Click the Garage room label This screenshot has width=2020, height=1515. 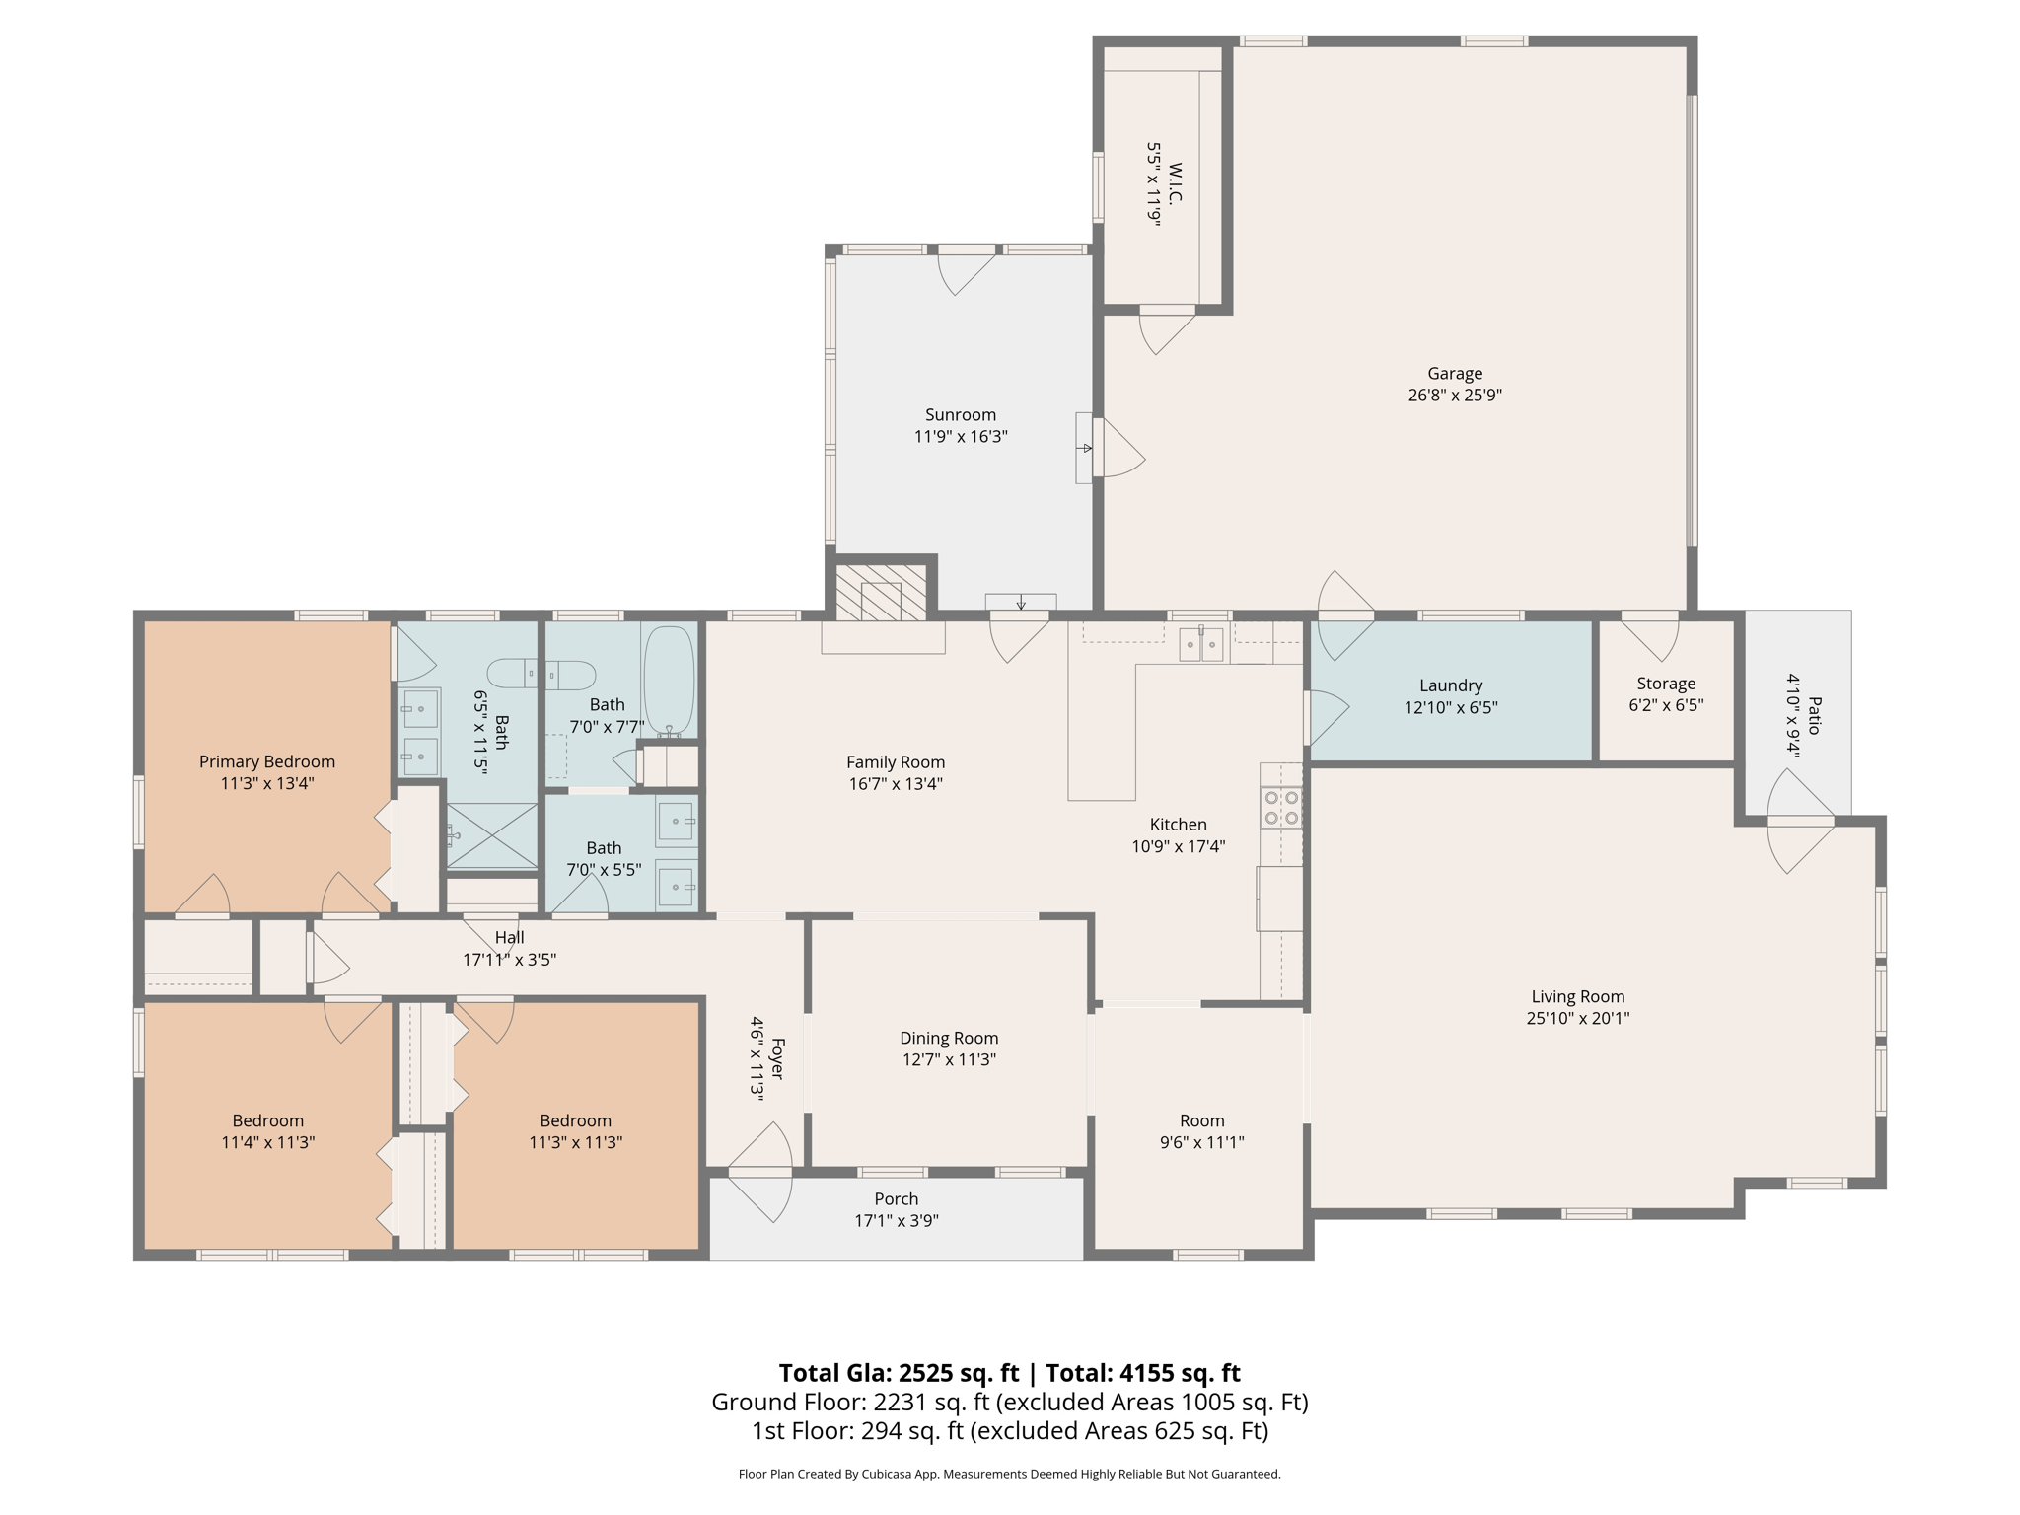pyautogui.click(x=1454, y=373)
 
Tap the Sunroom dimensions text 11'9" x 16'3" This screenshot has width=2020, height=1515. pyautogui.click(x=960, y=436)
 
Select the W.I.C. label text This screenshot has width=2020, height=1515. pyautogui.click(x=1174, y=183)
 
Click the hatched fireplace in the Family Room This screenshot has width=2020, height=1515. pyautogui.click(x=881, y=593)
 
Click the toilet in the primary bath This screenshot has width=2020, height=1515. pyautogui.click(x=541, y=675)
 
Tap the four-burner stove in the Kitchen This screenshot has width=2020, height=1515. pyautogui.click(x=1280, y=808)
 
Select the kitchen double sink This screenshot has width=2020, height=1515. pyautogui.click(x=1201, y=645)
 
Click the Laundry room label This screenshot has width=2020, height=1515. pyautogui.click(x=1450, y=685)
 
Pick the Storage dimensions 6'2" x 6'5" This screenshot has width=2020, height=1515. pyautogui.click(x=1665, y=705)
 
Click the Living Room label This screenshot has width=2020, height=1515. pyautogui.click(x=1577, y=996)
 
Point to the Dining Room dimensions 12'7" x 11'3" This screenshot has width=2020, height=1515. pyautogui.click(x=948, y=1059)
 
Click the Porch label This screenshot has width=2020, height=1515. pyautogui.click(x=896, y=1198)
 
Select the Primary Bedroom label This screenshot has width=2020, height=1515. pyautogui.click(x=266, y=761)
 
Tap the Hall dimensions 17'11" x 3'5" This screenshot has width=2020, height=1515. pyautogui.click(x=509, y=959)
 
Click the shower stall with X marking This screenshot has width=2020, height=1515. pyautogui.click(x=492, y=836)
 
